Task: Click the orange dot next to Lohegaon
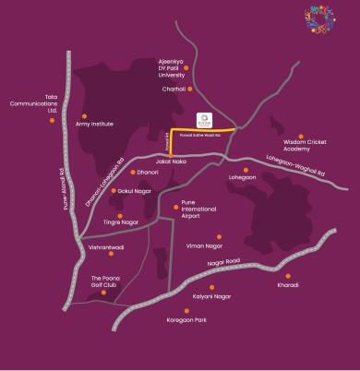(246, 170)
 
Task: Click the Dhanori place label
(148, 172)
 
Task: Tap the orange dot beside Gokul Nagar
(110, 191)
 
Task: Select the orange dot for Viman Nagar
(219, 236)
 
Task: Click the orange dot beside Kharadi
(288, 275)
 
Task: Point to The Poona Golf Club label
(108, 281)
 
